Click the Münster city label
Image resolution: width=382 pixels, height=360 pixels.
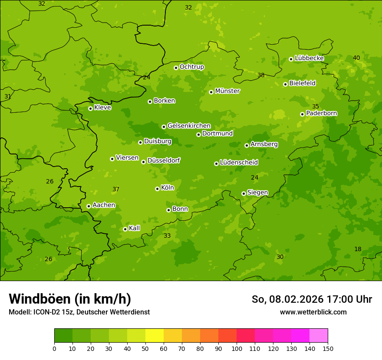coord(227,91)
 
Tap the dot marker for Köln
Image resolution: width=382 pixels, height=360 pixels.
coord(157,189)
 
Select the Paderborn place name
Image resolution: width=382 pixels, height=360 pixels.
coord(322,113)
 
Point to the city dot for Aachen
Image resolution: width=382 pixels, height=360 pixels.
coord(89,206)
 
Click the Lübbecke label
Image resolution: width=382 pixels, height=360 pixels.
coord(310,58)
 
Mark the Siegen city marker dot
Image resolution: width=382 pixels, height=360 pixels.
coord(244,193)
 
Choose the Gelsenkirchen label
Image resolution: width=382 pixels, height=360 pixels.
coord(189,126)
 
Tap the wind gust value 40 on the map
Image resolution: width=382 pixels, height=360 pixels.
coord(356,58)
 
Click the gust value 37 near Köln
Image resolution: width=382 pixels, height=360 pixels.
coord(116,189)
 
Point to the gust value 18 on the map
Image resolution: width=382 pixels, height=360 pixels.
coord(358,249)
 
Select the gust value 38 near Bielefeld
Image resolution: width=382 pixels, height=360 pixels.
coord(261,75)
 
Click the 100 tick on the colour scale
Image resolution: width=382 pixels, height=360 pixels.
coord(237,348)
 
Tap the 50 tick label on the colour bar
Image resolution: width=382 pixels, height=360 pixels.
coord(145,348)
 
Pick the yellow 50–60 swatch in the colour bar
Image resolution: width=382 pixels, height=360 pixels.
coord(155,336)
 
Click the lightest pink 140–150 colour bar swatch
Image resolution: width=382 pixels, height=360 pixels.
coord(319,336)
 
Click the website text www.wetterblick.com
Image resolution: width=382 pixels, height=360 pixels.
coord(313,312)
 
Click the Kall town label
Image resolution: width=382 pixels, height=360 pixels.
coord(135,228)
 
